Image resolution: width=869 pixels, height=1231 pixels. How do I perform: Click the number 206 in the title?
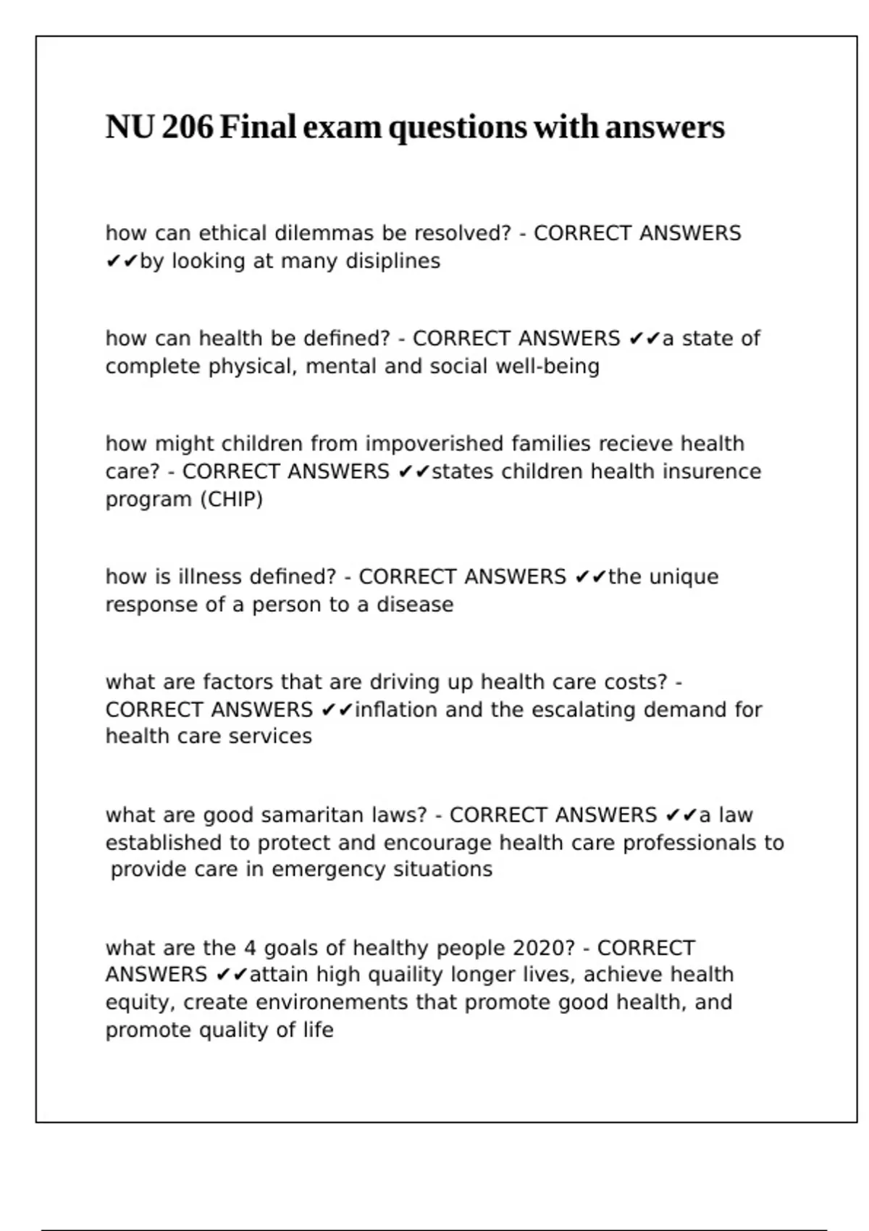pyautogui.click(x=188, y=127)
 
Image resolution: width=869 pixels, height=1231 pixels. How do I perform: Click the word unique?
pyautogui.click(x=684, y=577)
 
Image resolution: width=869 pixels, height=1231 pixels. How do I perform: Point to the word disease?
pyautogui.click(x=415, y=605)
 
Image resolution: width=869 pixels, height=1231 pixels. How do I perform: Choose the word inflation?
pyautogui.click(x=396, y=710)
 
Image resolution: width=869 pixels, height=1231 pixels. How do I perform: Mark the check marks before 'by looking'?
pyautogui.click(x=122, y=261)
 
